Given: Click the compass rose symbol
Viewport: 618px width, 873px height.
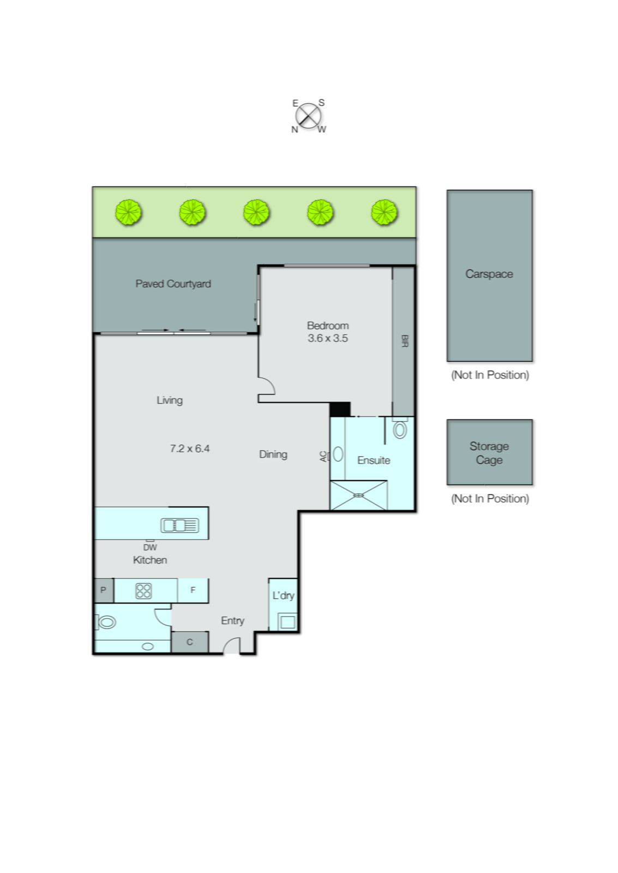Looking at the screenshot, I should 308,116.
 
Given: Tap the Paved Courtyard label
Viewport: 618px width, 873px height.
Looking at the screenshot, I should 173,284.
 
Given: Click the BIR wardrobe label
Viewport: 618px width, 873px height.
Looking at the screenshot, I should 404,341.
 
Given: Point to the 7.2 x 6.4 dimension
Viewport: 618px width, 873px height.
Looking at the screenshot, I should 189,449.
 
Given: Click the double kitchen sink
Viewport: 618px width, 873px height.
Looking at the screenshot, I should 179,525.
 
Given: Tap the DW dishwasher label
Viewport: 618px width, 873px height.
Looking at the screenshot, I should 150,547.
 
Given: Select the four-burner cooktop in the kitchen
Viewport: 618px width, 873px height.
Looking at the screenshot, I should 143,591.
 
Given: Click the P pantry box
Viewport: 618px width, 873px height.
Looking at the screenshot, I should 103,590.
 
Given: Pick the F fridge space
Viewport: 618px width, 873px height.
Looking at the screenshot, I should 193,590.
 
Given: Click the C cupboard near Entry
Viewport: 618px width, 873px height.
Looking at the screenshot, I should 189,642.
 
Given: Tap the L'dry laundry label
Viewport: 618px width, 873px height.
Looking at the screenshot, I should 283,595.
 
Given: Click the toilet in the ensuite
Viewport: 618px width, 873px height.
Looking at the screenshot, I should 400,429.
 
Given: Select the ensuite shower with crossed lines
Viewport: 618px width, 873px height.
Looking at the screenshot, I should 358,495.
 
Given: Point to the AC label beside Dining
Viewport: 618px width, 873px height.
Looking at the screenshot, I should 323,456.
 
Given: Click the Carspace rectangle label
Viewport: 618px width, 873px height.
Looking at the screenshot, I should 489,274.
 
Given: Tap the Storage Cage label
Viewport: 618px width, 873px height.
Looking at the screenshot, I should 489,453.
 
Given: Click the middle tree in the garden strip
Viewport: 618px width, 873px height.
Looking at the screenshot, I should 256,212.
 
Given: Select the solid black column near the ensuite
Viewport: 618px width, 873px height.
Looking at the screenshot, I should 339,409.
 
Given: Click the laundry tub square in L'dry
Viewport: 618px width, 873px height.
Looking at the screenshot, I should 287,621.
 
